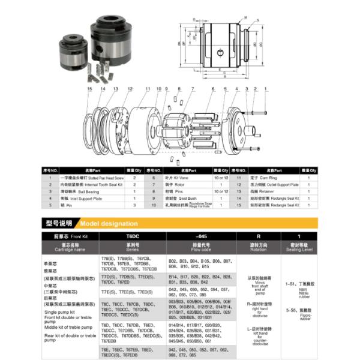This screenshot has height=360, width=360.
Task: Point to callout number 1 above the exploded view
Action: pos(265,89)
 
